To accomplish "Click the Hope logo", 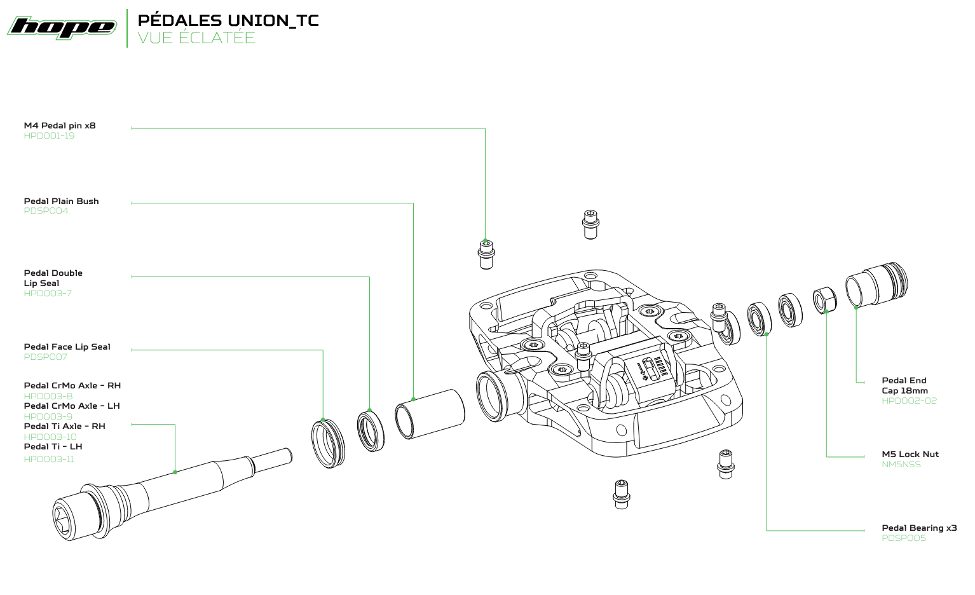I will [x=62, y=27].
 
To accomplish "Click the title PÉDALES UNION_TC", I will [x=228, y=20].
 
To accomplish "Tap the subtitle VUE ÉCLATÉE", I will [x=196, y=38].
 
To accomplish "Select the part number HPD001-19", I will [x=49, y=136].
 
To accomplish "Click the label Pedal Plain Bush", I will [x=62, y=201].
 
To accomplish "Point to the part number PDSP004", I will [x=46, y=211].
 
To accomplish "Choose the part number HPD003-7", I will [x=48, y=294].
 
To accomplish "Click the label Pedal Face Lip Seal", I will [x=67, y=346].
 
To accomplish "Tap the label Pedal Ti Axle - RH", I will [x=64, y=426].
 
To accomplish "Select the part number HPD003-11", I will [x=49, y=459].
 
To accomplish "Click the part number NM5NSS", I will [x=901, y=465].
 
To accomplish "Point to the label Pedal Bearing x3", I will [x=919, y=528].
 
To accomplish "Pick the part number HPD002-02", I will [x=909, y=401].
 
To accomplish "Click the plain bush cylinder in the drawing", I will [x=430, y=414].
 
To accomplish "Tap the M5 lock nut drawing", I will [x=825, y=300].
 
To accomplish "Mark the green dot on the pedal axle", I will [x=175, y=472].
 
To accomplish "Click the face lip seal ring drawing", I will [x=328, y=443].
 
